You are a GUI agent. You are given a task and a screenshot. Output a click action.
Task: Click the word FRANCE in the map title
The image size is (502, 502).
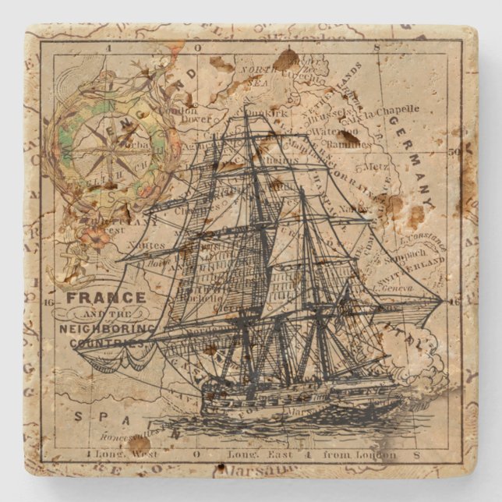click(x=107, y=297)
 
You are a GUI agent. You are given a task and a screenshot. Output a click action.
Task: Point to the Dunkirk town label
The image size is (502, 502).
click(x=267, y=114)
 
